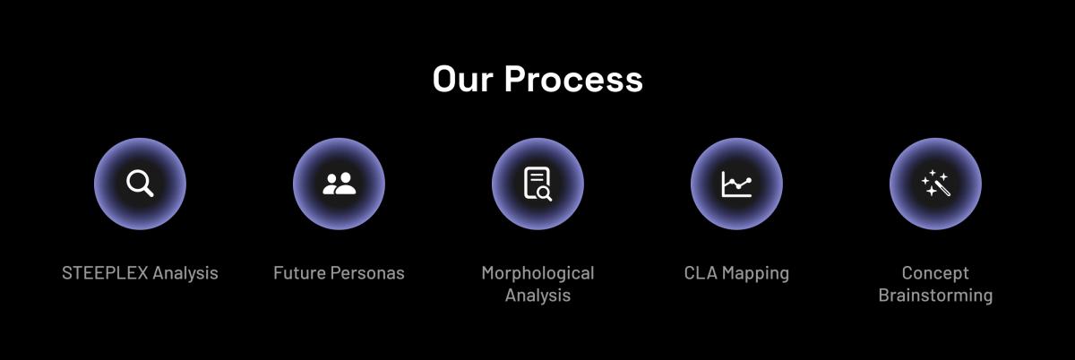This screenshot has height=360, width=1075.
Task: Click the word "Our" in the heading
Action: pyautogui.click(x=462, y=79)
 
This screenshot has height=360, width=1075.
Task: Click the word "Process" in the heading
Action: pyautogui.click(x=573, y=79)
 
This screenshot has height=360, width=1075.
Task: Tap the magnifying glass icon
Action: pyautogui.click(x=140, y=184)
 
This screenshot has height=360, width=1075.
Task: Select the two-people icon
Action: pyautogui.click(x=339, y=184)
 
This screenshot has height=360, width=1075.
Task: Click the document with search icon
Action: pyautogui.click(x=538, y=184)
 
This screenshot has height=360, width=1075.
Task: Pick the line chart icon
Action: pyautogui.click(x=736, y=184)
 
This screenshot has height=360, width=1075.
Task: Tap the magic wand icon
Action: pyautogui.click(x=935, y=184)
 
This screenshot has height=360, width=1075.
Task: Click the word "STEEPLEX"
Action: pyautogui.click(x=105, y=273)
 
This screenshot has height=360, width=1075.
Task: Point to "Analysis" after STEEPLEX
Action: pyautogui.click(x=185, y=274)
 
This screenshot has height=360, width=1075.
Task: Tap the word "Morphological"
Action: pyautogui.click(x=538, y=274)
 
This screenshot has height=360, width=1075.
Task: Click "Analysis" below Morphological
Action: pyautogui.click(x=538, y=296)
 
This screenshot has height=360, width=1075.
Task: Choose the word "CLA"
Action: pyautogui.click(x=701, y=273)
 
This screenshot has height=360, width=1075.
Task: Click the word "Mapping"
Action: pyautogui.click(x=756, y=274)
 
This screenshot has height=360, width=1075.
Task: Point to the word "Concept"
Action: pyautogui.click(x=935, y=274)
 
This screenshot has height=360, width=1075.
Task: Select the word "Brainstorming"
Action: pyautogui.click(x=935, y=296)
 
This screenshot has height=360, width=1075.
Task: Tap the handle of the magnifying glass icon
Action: pyautogui.click(x=149, y=192)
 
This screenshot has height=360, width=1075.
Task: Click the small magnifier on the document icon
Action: pyautogui.click(x=546, y=193)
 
